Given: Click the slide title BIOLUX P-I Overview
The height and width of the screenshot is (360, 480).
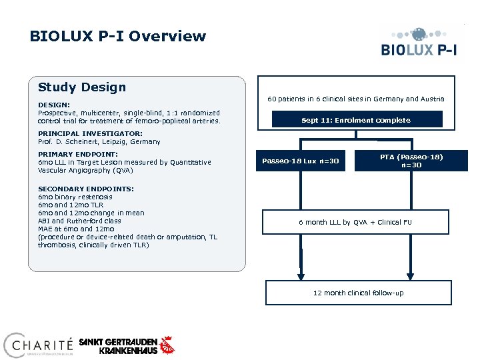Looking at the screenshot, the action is (118, 37).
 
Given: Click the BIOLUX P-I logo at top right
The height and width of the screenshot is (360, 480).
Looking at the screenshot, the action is (419, 43).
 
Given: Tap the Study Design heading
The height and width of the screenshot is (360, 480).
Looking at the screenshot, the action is (82, 87).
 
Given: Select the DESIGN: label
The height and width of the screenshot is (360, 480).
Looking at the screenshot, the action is (54, 105).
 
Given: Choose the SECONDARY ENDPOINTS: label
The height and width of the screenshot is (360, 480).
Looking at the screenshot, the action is (86, 189).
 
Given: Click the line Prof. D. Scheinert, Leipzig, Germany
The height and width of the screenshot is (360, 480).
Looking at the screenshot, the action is (99, 141).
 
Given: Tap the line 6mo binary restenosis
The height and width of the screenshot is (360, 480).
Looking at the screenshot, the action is (75, 197).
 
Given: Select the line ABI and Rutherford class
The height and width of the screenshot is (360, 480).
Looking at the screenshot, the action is (79, 221).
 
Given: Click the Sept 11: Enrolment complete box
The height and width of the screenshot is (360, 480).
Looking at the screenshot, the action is (356, 120).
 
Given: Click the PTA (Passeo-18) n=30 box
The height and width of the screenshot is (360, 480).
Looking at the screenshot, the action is (411, 161).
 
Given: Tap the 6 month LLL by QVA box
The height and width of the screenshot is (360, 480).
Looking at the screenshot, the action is (355, 221).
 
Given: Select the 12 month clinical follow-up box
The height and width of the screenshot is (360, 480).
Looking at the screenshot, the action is (358, 293).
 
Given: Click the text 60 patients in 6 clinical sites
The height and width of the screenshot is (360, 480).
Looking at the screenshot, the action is (355, 99).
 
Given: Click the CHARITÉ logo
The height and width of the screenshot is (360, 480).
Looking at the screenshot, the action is (38, 345).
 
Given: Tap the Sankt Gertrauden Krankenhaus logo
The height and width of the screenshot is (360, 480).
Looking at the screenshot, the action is (127, 345).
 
